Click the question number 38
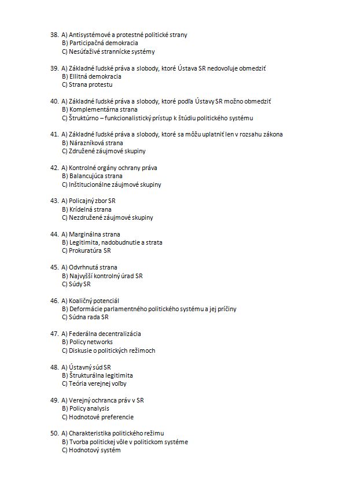coord(54,35)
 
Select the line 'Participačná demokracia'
coord(100,43)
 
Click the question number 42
coord(54,168)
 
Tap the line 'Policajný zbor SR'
coord(92,201)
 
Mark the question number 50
coord(54,433)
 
